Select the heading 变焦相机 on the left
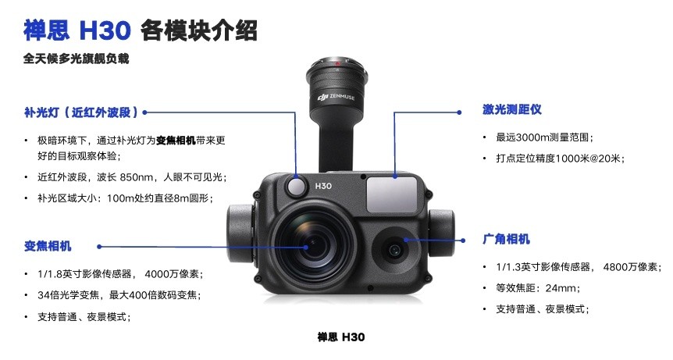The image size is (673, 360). point(48,246)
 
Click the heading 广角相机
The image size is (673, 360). point(507,239)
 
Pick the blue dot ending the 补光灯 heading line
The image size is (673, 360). point(145,112)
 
